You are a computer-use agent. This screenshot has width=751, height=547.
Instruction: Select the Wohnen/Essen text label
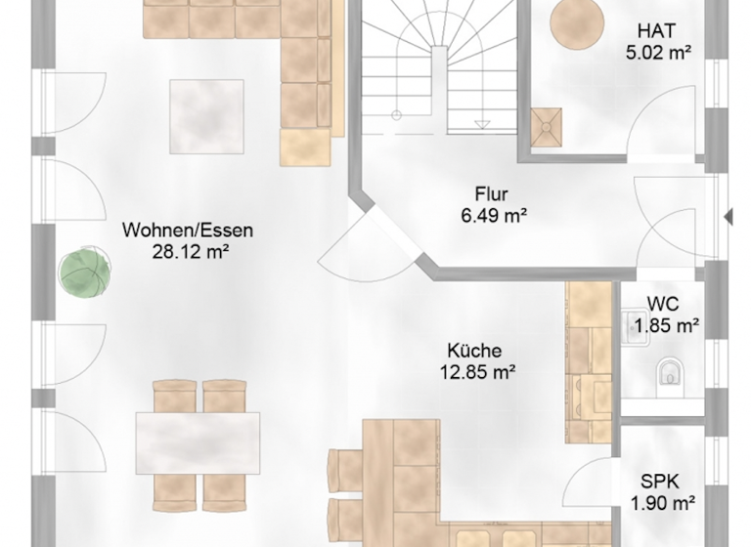click(x=188, y=231)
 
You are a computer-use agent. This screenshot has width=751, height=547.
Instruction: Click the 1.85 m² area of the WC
click(x=666, y=325)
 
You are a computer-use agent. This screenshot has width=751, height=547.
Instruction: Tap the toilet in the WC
click(x=670, y=372)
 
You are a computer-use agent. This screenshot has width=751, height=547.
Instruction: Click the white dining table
click(x=198, y=442)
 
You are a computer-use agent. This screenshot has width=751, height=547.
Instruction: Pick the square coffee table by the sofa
click(x=206, y=115)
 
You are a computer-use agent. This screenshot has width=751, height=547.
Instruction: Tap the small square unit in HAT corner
click(x=548, y=124)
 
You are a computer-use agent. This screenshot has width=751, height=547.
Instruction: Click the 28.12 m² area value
click(x=188, y=252)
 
